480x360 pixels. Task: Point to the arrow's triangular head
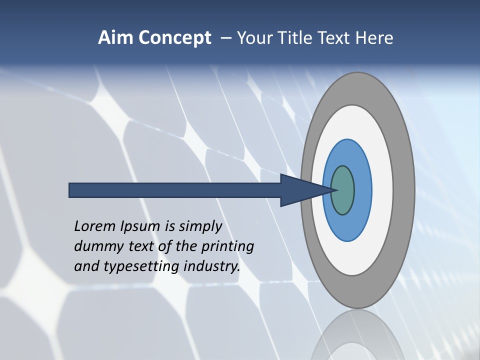300,190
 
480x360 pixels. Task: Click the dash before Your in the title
226,38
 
